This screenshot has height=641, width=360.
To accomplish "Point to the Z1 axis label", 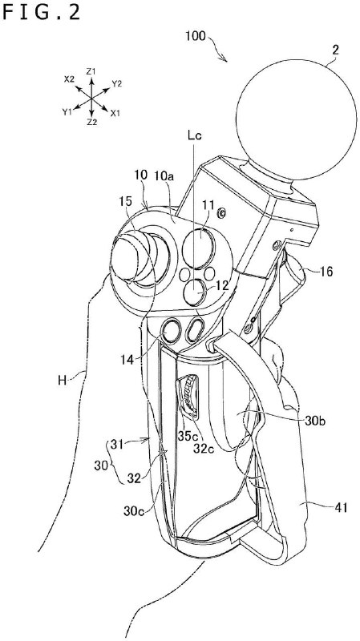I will click(92, 72).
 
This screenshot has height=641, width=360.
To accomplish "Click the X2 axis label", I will click(69, 79).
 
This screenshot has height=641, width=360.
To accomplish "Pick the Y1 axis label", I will click(67, 112).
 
